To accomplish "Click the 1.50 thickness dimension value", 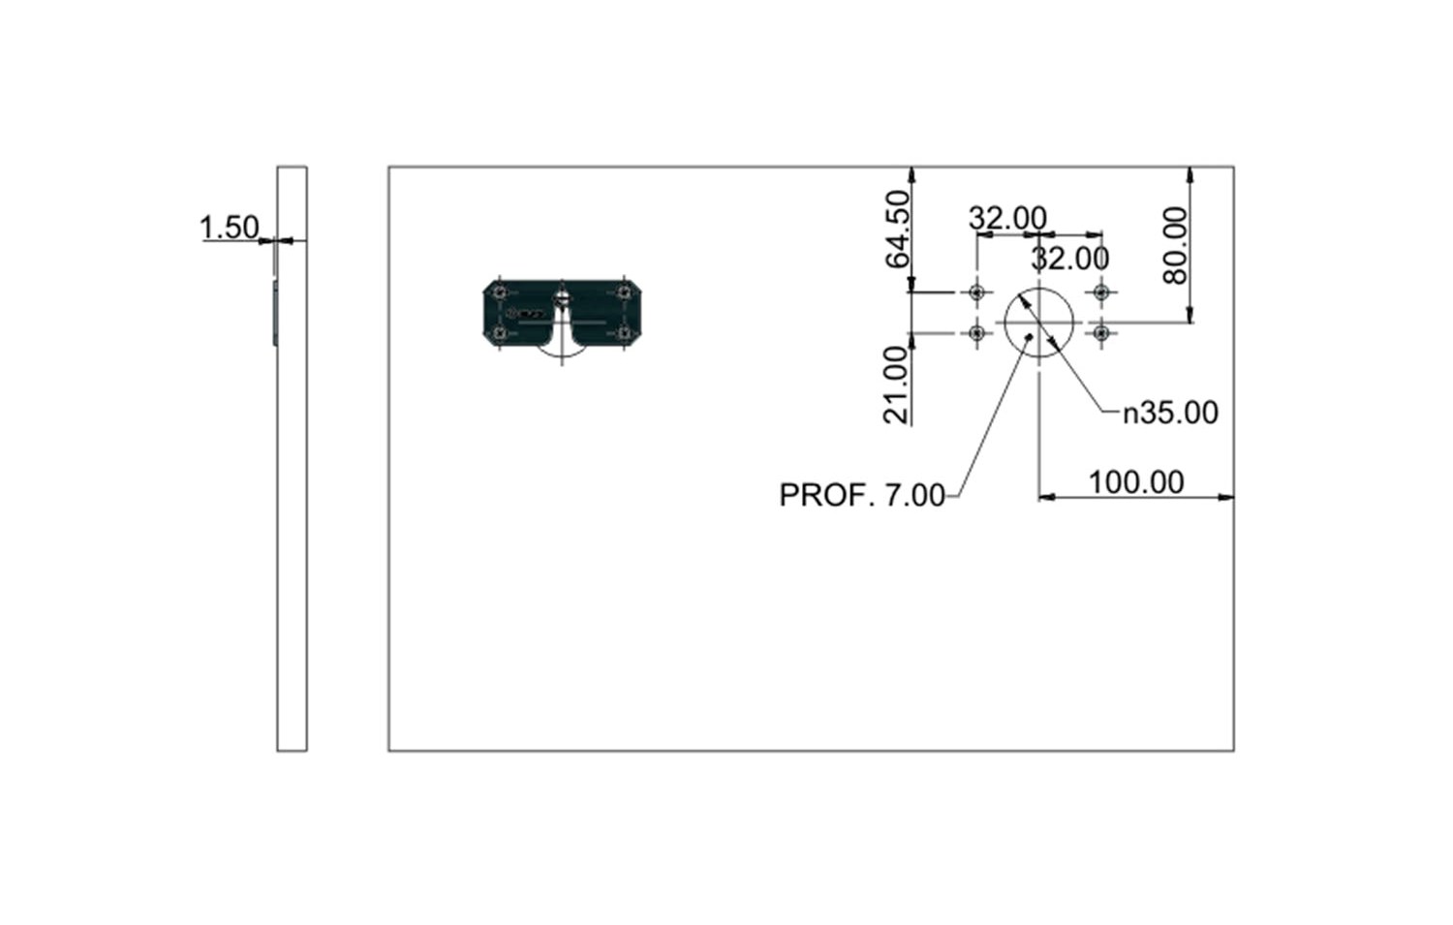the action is [x=229, y=228].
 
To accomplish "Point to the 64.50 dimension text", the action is [x=898, y=229].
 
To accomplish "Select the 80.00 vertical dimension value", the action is [x=1175, y=245].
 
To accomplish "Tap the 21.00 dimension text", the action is [x=896, y=385].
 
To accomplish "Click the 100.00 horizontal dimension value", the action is [x=1136, y=482].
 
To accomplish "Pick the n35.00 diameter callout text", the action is [x=1170, y=414].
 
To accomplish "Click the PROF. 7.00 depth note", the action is [x=861, y=496].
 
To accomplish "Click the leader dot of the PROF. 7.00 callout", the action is [x=1028, y=336].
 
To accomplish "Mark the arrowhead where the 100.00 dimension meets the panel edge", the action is [x=1226, y=498].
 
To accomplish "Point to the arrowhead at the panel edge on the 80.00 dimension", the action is [x=1190, y=175].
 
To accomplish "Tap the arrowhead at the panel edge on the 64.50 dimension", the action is [x=912, y=175].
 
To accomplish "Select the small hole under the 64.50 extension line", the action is [x=976, y=293].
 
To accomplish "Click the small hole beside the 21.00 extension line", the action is [x=976, y=333].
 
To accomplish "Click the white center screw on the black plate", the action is [x=562, y=298].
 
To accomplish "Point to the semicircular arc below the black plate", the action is [x=562, y=355].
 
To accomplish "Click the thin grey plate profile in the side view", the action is [x=275, y=313].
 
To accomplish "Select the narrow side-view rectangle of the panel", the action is [x=292, y=458].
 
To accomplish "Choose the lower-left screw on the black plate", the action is [x=500, y=333].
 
